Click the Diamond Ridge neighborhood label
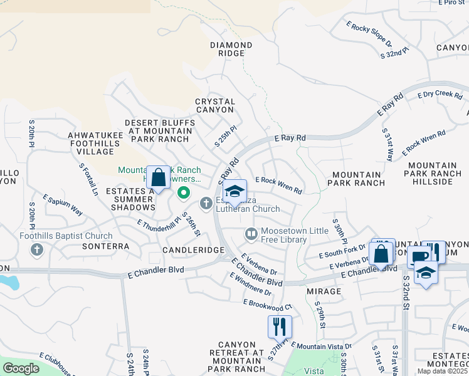pyautogui.click(x=231, y=49)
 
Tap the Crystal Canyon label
pyautogui.click(x=215, y=105)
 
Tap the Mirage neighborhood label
pyautogui.click(x=324, y=291)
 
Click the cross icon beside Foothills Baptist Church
pyautogui.click(x=37, y=250)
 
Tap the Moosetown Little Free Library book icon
pyautogui.click(x=251, y=234)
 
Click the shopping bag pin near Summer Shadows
pyautogui.click(x=159, y=177)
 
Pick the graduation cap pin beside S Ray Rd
pyautogui.click(x=234, y=192)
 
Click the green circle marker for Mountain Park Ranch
pyautogui.click(x=184, y=192)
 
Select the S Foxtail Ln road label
pyautogui.click(x=89, y=178)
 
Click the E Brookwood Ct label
pyautogui.click(x=268, y=305)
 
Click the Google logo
pyautogui.click(x=21, y=368)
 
